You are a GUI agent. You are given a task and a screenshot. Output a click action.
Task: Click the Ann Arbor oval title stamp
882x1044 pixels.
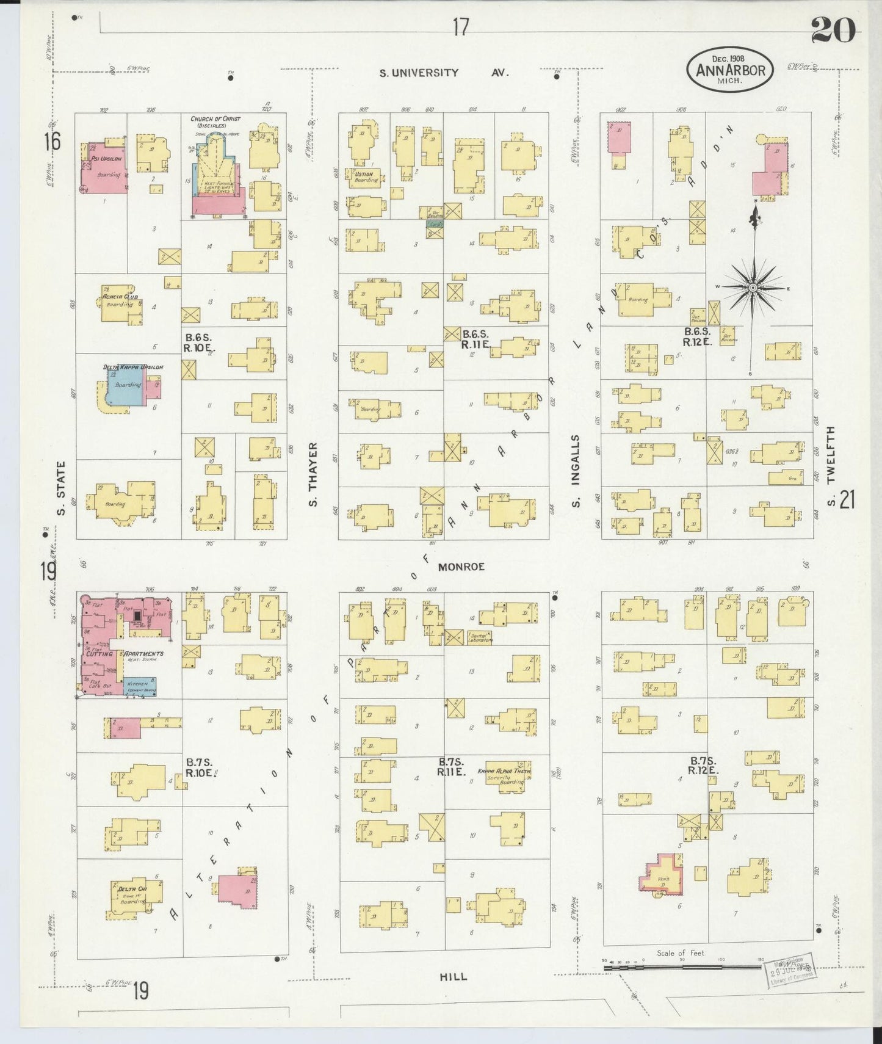click(730, 70)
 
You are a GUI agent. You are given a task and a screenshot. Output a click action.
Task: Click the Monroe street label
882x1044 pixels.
click(461, 567)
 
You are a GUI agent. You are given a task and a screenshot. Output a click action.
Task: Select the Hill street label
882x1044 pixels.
click(454, 977)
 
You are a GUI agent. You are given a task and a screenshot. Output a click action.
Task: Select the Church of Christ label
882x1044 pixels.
click(215, 122)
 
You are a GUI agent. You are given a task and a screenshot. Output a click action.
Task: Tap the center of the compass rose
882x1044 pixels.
click(753, 288)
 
